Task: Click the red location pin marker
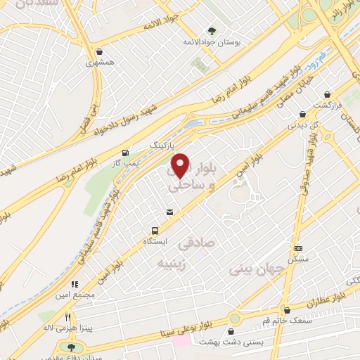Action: (181, 165)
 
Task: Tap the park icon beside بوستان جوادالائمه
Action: (212, 30)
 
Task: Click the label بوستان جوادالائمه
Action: (217, 43)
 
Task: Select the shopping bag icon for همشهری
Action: (101, 51)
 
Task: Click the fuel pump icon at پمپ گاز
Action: (125, 152)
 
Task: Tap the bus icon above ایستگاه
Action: (154, 230)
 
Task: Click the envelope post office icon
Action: (169, 212)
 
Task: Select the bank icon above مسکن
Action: (298, 247)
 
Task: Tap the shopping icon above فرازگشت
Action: (328, 94)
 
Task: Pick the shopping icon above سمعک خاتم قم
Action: (286, 310)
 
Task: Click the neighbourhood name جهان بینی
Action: (259, 269)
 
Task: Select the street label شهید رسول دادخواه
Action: (131, 120)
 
